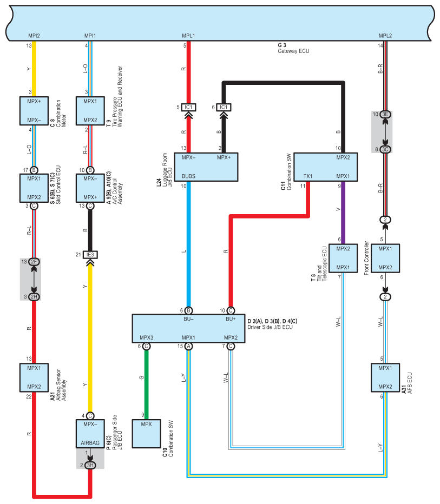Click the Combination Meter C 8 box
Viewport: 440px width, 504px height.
[x=34, y=111]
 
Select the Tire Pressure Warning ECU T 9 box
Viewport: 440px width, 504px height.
[x=90, y=111]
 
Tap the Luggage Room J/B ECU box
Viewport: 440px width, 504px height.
[x=206, y=167]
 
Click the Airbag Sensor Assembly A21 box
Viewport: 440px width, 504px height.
[x=34, y=377]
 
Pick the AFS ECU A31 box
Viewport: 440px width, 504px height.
[x=385, y=377]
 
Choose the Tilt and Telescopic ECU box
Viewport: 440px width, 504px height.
[x=343, y=258]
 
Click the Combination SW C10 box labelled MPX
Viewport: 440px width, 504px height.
[x=146, y=434]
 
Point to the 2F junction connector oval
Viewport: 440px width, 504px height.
[x=34, y=262]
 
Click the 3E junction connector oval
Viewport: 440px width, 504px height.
[x=385, y=115]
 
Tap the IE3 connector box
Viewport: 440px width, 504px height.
[x=90, y=255]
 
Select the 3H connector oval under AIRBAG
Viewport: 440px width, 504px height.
[x=90, y=465]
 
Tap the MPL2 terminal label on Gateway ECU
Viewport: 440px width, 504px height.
[x=385, y=36]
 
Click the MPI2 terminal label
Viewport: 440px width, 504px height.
[x=34, y=36]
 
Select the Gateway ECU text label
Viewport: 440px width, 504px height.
[x=293, y=51]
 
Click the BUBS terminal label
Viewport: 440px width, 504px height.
[x=188, y=176]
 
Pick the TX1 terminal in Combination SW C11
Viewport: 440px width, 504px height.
[x=308, y=176]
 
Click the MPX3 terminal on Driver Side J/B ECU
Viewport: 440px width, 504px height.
[x=146, y=337]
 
